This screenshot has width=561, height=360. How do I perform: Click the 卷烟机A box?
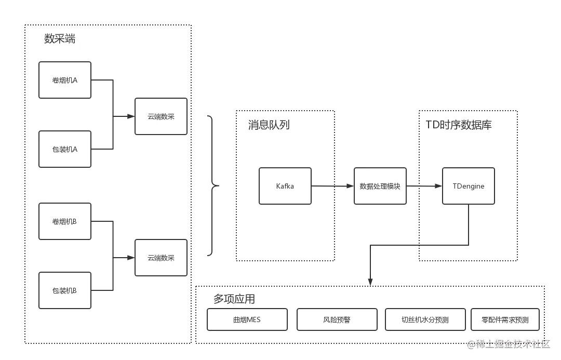[x=65, y=80]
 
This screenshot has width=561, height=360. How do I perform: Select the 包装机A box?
[x=65, y=149]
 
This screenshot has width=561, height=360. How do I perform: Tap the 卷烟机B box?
[x=65, y=221]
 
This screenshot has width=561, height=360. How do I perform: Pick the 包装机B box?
[x=65, y=290]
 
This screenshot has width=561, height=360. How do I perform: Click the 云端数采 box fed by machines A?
[x=161, y=116]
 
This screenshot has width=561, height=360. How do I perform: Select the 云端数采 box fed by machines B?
[x=161, y=258]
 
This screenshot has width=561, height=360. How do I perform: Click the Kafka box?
[x=285, y=186]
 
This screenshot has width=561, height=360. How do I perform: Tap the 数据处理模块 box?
[x=380, y=186]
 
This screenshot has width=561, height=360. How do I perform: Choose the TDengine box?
[x=469, y=186]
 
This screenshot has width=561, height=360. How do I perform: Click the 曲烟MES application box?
[x=247, y=319]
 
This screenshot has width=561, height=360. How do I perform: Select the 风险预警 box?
[x=337, y=319]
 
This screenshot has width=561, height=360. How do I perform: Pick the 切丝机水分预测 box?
[x=425, y=319]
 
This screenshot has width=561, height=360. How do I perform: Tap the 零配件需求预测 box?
[x=505, y=319]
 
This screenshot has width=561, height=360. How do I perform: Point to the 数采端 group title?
[x=60, y=39]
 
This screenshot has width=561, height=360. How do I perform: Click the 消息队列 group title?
[x=269, y=125]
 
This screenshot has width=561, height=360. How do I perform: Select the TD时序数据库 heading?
[x=459, y=125]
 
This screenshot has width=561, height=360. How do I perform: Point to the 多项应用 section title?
[x=234, y=299]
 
